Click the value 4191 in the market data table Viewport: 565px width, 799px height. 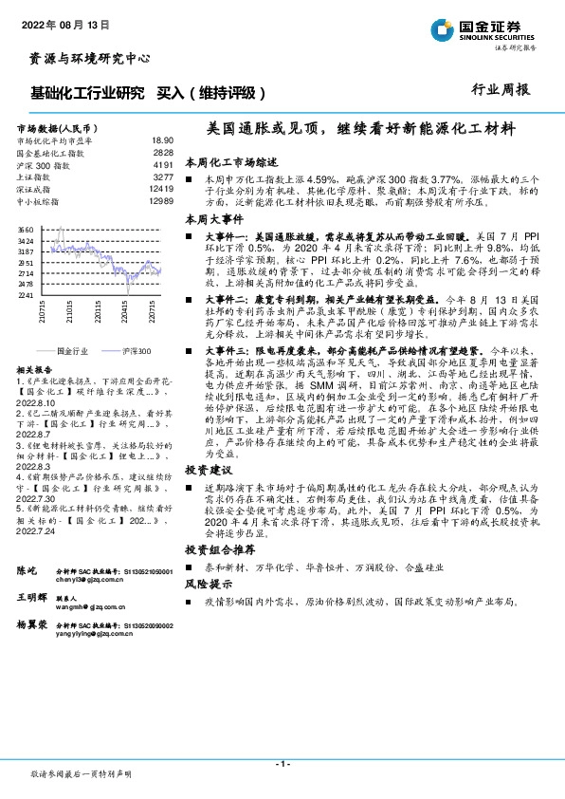point(162,164)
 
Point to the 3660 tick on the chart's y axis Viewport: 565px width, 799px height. point(26,230)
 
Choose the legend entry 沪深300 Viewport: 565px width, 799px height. point(132,351)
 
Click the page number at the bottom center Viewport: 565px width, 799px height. point(282,765)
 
